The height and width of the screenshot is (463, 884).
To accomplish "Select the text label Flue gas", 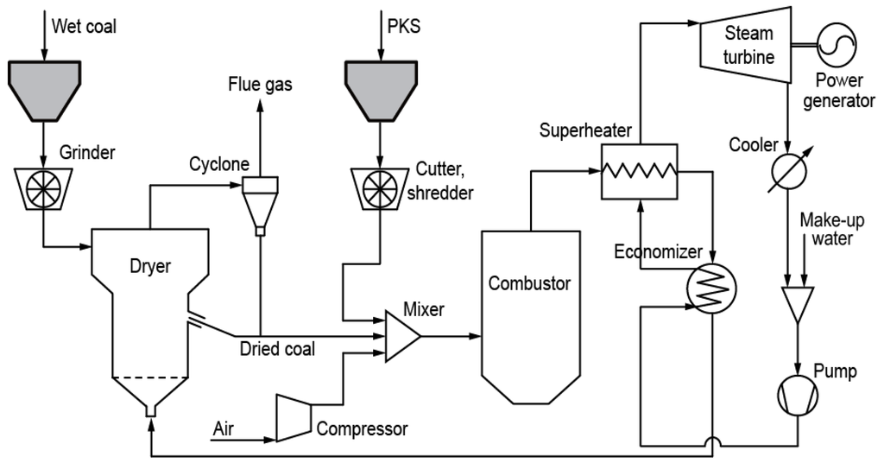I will pos(260,85).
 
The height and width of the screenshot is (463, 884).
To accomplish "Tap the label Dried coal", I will pos(277,349).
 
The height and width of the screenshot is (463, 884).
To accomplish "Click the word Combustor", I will pos(529,283).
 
